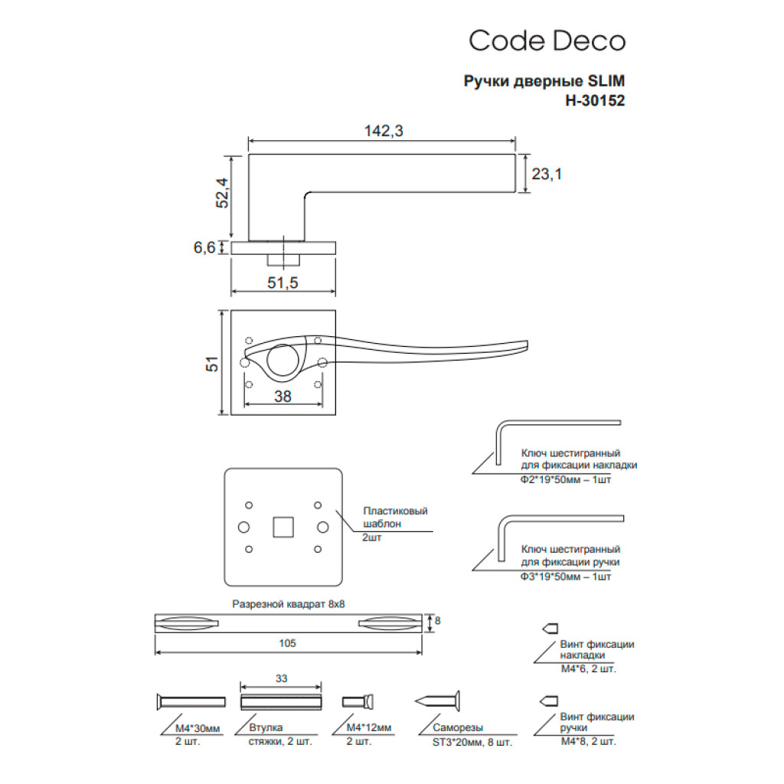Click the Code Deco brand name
(547, 41)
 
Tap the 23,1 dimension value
(547, 175)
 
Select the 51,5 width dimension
(282, 283)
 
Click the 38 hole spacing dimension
(283, 397)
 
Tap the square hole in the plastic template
(283, 527)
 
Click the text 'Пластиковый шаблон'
(395, 518)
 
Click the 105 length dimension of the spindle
(287, 644)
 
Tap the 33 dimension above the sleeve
(280, 679)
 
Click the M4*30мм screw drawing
(191, 702)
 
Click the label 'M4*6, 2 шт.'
(588, 668)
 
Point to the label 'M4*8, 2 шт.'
(588, 741)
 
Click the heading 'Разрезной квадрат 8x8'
(289, 604)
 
